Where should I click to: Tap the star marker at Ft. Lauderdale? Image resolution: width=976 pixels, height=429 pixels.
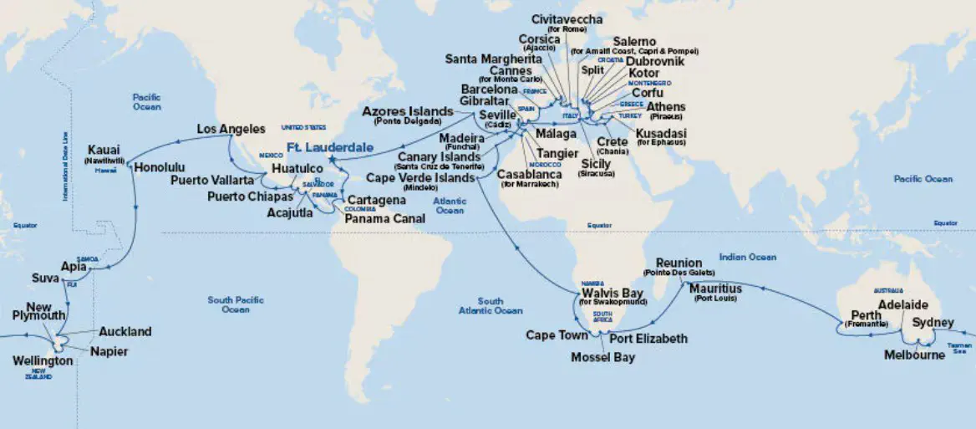[x=332, y=159]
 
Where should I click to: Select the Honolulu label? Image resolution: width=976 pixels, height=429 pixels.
[x=159, y=166]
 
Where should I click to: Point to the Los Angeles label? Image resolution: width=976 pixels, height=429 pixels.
[x=231, y=129]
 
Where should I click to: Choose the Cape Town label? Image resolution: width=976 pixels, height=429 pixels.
[x=557, y=335]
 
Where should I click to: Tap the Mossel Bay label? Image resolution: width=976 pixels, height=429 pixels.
[x=602, y=358]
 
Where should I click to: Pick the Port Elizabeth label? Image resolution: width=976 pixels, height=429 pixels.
[x=648, y=339]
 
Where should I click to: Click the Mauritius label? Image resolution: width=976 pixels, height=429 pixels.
[x=715, y=289]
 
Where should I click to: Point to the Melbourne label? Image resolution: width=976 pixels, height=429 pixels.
[x=914, y=355]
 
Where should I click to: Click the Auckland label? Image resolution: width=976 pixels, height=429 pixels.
[x=125, y=332]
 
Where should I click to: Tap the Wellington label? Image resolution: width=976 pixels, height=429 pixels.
[x=43, y=361]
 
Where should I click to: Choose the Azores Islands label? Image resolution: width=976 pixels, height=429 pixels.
[x=409, y=112]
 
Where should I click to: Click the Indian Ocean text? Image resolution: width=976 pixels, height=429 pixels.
[x=748, y=257]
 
